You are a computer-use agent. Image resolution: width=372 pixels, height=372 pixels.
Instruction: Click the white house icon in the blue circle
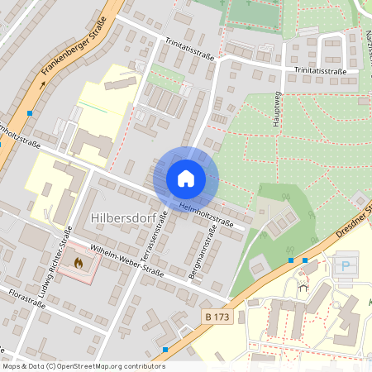pos(185,179)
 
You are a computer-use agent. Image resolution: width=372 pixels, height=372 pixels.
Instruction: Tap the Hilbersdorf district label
pos(120,217)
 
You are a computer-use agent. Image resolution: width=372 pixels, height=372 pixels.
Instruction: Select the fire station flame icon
pos(79,263)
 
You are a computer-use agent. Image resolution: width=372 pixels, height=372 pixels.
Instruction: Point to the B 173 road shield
pos(217,317)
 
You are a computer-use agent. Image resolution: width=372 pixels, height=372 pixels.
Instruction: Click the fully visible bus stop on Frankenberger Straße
pos(30,112)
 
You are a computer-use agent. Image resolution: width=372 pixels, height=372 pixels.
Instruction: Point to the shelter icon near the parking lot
pos(304,289)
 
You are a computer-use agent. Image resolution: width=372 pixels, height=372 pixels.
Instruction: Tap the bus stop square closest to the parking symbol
pos(305,260)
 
